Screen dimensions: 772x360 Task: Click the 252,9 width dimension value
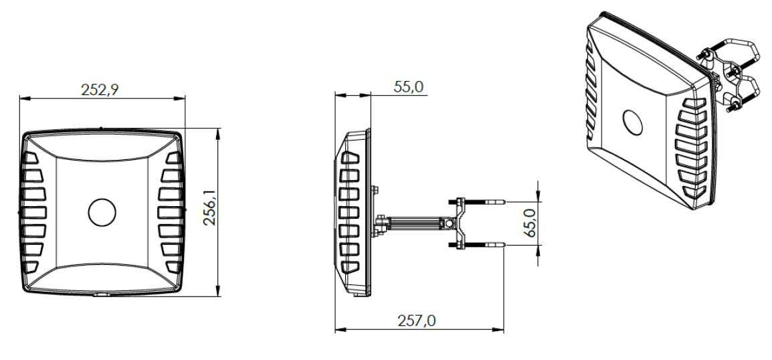click(100, 90)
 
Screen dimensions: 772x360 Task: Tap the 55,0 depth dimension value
click(408, 87)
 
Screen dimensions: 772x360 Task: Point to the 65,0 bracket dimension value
click(530, 223)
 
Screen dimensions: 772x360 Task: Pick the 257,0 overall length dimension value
click(417, 321)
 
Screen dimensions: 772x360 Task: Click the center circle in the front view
click(102, 212)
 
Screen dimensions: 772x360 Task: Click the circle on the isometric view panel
click(633, 122)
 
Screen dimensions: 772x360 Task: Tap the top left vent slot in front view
click(31, 158)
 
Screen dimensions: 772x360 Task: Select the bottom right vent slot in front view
click(173, 267)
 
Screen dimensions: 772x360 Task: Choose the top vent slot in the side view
click(350, 158)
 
